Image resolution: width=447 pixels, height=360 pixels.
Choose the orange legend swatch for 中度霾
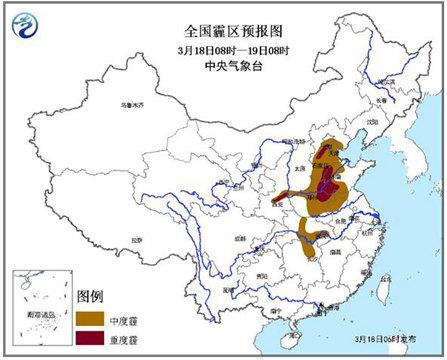92,317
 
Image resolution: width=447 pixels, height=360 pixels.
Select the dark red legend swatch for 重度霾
92,337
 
